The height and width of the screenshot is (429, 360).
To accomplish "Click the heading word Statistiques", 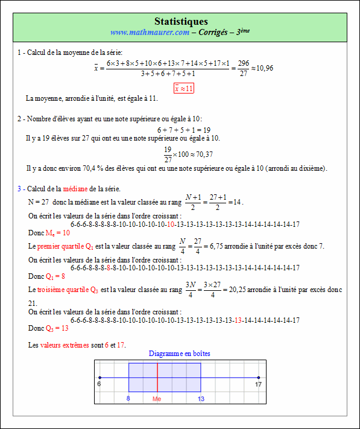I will click(181, 22).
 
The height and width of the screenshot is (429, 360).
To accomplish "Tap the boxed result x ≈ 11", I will click(184, 88).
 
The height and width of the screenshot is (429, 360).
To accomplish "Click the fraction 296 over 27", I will click(244, 68).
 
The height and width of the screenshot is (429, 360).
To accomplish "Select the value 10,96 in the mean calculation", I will click(265, 68).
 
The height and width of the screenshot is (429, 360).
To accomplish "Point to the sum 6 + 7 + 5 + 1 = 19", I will click(184, 130).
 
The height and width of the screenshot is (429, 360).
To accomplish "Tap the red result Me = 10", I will click(57, 232).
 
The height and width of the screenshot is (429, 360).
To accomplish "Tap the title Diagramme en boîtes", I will click(180, 354).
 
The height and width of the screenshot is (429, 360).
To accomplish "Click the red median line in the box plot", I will click(157, 378).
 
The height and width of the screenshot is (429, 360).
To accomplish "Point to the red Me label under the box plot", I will click(157, 398).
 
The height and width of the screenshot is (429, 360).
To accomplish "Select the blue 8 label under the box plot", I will click(128, 398).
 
